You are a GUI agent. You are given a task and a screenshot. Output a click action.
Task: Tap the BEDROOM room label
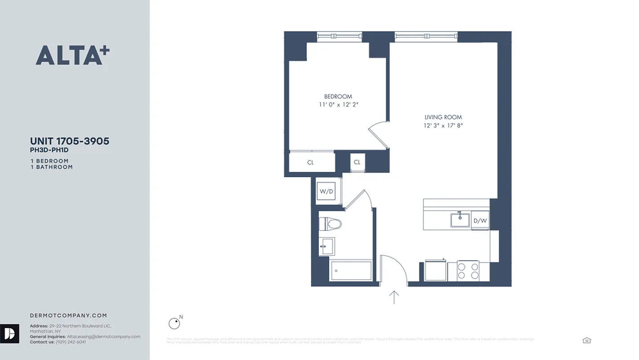click(338, 97)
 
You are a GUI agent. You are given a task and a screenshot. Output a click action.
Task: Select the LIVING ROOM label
click(443, 117)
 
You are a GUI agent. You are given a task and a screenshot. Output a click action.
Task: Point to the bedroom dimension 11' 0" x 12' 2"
click(338, 105)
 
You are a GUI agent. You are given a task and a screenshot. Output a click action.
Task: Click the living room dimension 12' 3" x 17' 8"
click(443, 126)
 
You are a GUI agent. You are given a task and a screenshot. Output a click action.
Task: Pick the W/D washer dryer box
click(326, 192)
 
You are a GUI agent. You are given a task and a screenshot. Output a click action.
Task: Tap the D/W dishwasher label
click(480, 221)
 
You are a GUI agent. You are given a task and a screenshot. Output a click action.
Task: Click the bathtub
click(352, 270)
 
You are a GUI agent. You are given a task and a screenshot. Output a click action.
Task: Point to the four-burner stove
click(468, 271)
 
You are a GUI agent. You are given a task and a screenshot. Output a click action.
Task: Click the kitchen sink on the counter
click(460, 220)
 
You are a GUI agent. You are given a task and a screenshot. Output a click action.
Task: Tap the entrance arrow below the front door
click(394, 297)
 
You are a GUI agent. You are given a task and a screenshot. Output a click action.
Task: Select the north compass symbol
click(174, 323)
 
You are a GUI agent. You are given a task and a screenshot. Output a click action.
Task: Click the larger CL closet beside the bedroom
click(311, 162)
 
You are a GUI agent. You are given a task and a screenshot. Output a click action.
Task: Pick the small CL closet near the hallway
click(357, 162)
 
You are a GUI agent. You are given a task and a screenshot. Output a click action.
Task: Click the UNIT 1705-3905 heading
click(70, 141)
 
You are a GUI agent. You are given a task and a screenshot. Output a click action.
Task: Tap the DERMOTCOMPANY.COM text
click(68, 315)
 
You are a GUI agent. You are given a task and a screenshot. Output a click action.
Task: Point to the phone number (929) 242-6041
click(71, 342)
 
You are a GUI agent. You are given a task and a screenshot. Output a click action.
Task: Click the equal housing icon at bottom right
click(586, 340)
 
